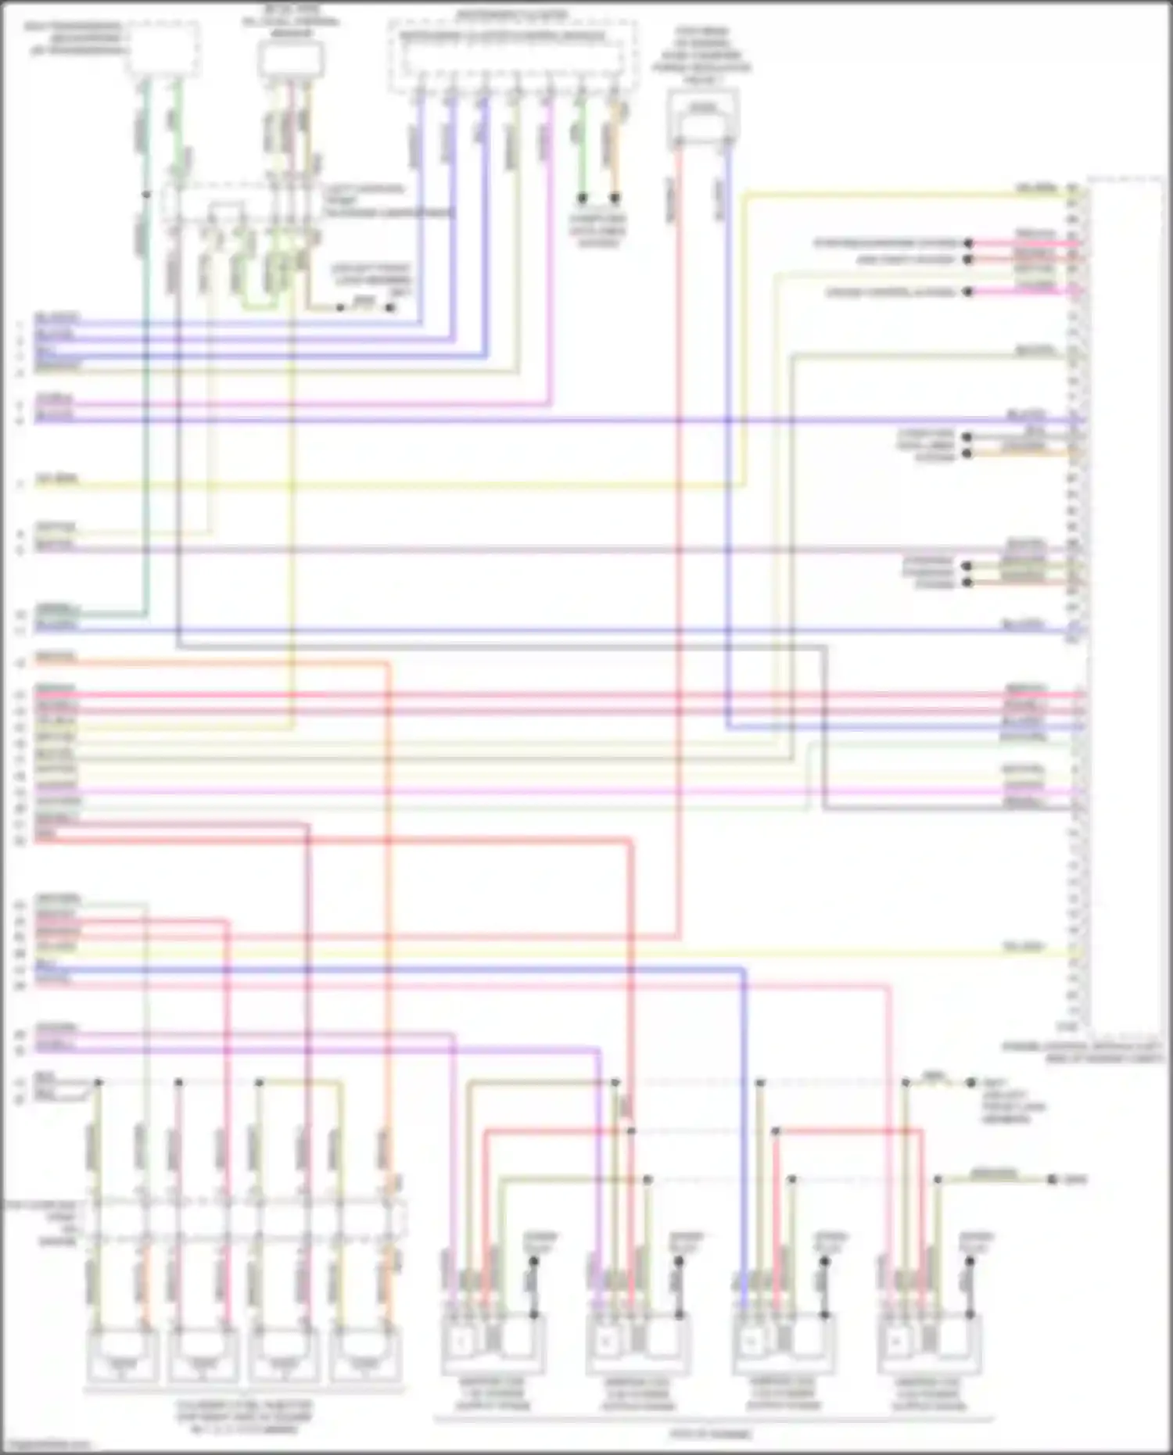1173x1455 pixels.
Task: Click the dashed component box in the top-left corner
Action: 163,48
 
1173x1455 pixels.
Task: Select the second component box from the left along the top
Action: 290,59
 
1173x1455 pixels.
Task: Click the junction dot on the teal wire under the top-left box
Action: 146,194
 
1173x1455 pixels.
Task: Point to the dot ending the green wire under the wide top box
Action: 582,198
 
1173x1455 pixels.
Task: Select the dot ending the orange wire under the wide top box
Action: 615,198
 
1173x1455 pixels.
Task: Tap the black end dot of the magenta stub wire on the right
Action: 968,292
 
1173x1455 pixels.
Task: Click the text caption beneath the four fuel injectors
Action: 243,1416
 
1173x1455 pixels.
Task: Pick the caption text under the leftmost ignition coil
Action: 492,1394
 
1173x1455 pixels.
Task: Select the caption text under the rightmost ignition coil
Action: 928,1394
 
